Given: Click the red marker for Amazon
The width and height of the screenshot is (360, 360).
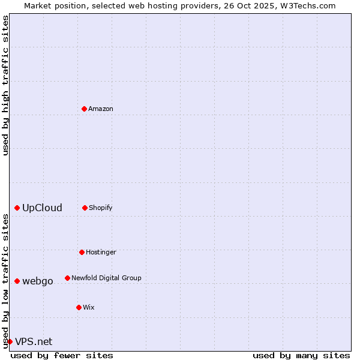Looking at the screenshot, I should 84,109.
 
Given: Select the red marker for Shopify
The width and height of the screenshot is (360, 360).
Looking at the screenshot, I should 85,208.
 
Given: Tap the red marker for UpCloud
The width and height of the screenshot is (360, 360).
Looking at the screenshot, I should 17,208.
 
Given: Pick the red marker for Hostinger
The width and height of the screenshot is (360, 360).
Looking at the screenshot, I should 82,252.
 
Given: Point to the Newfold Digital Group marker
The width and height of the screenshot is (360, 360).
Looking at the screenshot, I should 67,278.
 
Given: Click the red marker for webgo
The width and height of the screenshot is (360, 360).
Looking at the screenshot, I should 17,281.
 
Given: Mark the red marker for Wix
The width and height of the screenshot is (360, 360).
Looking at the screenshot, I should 79,307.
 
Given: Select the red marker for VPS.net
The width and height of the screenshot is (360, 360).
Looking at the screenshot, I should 10,341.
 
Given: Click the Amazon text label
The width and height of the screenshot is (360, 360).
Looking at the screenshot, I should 101,109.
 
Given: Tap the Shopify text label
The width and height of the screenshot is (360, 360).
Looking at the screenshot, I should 101,208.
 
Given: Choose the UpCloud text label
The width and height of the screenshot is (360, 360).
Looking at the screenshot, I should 42,208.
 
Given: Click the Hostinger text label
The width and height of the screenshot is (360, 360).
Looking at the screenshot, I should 101,252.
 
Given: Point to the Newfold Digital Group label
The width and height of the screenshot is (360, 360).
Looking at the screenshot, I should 106,278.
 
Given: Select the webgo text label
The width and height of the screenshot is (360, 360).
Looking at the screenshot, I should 38,281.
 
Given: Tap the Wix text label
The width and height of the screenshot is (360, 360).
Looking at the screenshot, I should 89,307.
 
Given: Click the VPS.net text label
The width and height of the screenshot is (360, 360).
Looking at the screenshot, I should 34,341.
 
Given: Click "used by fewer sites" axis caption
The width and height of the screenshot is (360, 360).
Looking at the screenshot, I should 62,355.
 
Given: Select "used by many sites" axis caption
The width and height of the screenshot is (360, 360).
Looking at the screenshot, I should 301,355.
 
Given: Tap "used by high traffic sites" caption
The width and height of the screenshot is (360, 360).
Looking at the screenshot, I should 5,85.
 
